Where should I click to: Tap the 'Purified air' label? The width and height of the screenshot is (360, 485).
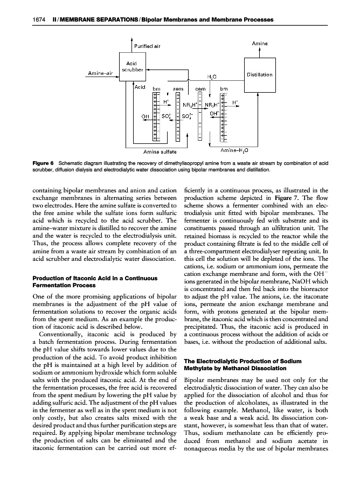pos(147,45)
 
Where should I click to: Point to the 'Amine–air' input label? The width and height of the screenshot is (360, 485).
pos(100,73)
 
